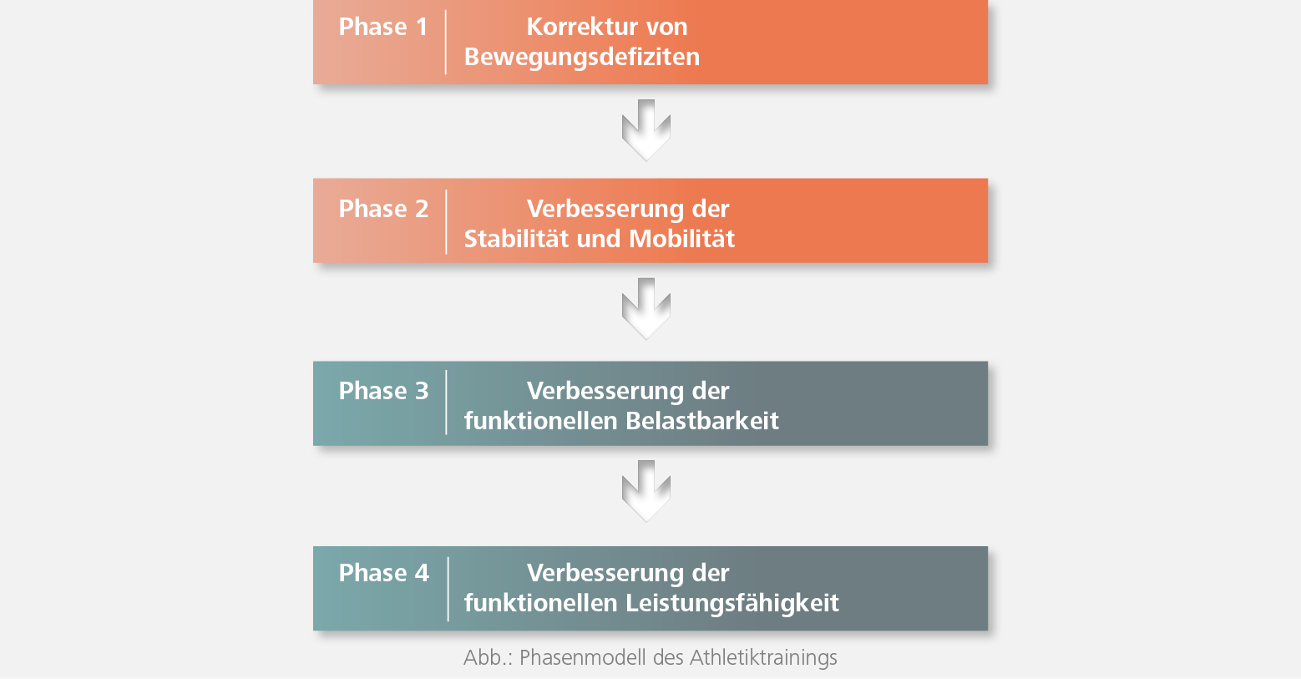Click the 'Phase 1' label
tap(383, 27)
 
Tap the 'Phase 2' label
tap(383, 209)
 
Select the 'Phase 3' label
tap(383, 390)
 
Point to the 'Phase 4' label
tap(383, 573)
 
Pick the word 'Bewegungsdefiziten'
tap(582, 57)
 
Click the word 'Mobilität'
tap(682, 239)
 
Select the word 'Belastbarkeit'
tap(702, 421)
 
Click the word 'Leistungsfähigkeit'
tap(732, 603)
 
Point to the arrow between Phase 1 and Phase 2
tap(646, 130)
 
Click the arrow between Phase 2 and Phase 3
tap(646, 308)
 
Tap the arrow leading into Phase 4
tap(646, 491)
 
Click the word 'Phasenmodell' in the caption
tap(583, 657)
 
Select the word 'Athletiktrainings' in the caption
tap(763, 657)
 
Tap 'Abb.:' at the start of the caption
tap(488, 657)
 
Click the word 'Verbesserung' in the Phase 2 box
tap(605, 209)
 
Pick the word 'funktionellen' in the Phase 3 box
tap(541, 421)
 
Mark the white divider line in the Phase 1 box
tap(445, 42)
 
